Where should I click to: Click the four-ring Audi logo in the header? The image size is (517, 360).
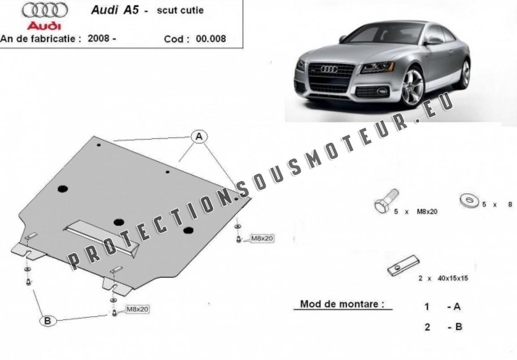coord(45,10)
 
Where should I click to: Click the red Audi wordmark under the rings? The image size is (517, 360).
coord(44,26)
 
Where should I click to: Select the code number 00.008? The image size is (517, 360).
coord(211,39)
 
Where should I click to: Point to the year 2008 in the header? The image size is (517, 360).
coord(98,38)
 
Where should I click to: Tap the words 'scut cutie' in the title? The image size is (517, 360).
coord(180,10)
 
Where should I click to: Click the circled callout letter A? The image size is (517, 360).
coord(199,136)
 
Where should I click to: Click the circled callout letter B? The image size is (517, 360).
coord(48,320)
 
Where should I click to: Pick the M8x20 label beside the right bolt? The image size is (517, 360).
coord(263,238)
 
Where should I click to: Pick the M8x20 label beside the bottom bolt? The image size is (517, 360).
coord(137,309)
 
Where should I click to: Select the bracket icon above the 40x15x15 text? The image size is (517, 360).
coord(403,266)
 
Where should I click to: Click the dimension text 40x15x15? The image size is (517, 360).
coord(453,278)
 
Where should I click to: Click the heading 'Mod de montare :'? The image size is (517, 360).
coord(342,304)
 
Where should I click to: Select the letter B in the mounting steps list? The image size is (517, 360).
coord(458,327)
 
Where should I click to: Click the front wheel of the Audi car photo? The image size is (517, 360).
coord(412,87)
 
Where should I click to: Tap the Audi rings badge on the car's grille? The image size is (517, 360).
coord(329,69)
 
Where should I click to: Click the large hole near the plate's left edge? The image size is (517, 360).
coord(62,189)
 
